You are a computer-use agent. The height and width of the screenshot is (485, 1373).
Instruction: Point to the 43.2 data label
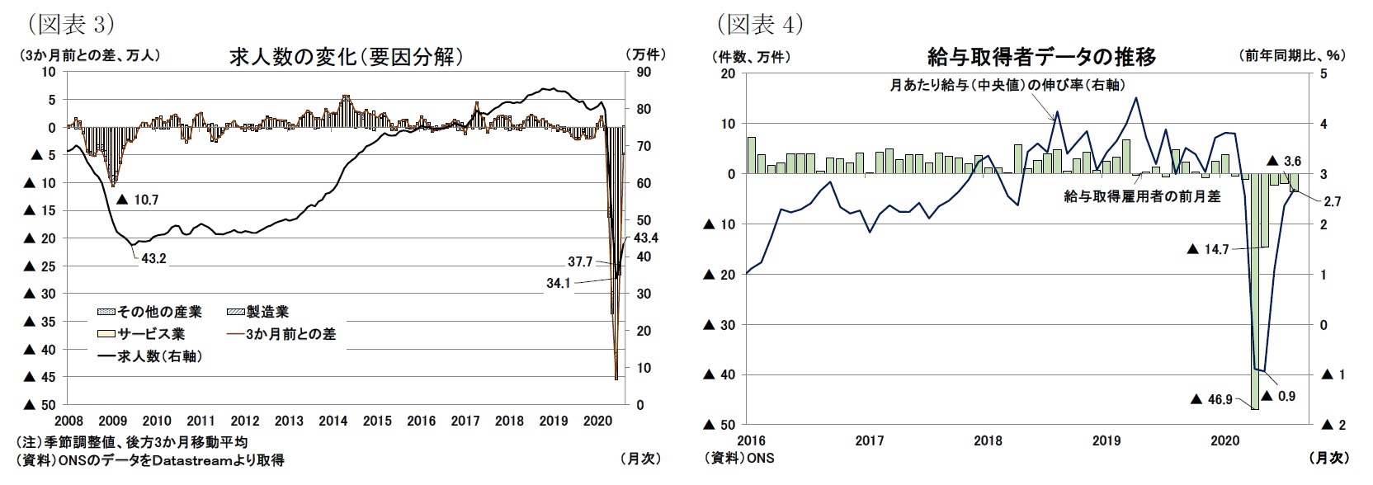click(153, 258)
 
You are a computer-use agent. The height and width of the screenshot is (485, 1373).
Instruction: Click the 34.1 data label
click(559, 282)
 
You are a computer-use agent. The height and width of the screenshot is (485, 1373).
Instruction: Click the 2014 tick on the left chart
click(333, 421)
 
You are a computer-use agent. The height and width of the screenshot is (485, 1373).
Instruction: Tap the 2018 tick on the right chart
click(988, 440)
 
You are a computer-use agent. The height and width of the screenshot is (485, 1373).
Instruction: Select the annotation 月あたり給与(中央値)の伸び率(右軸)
click(1007, 85)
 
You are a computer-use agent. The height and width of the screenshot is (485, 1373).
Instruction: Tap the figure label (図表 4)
click(760, 25)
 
